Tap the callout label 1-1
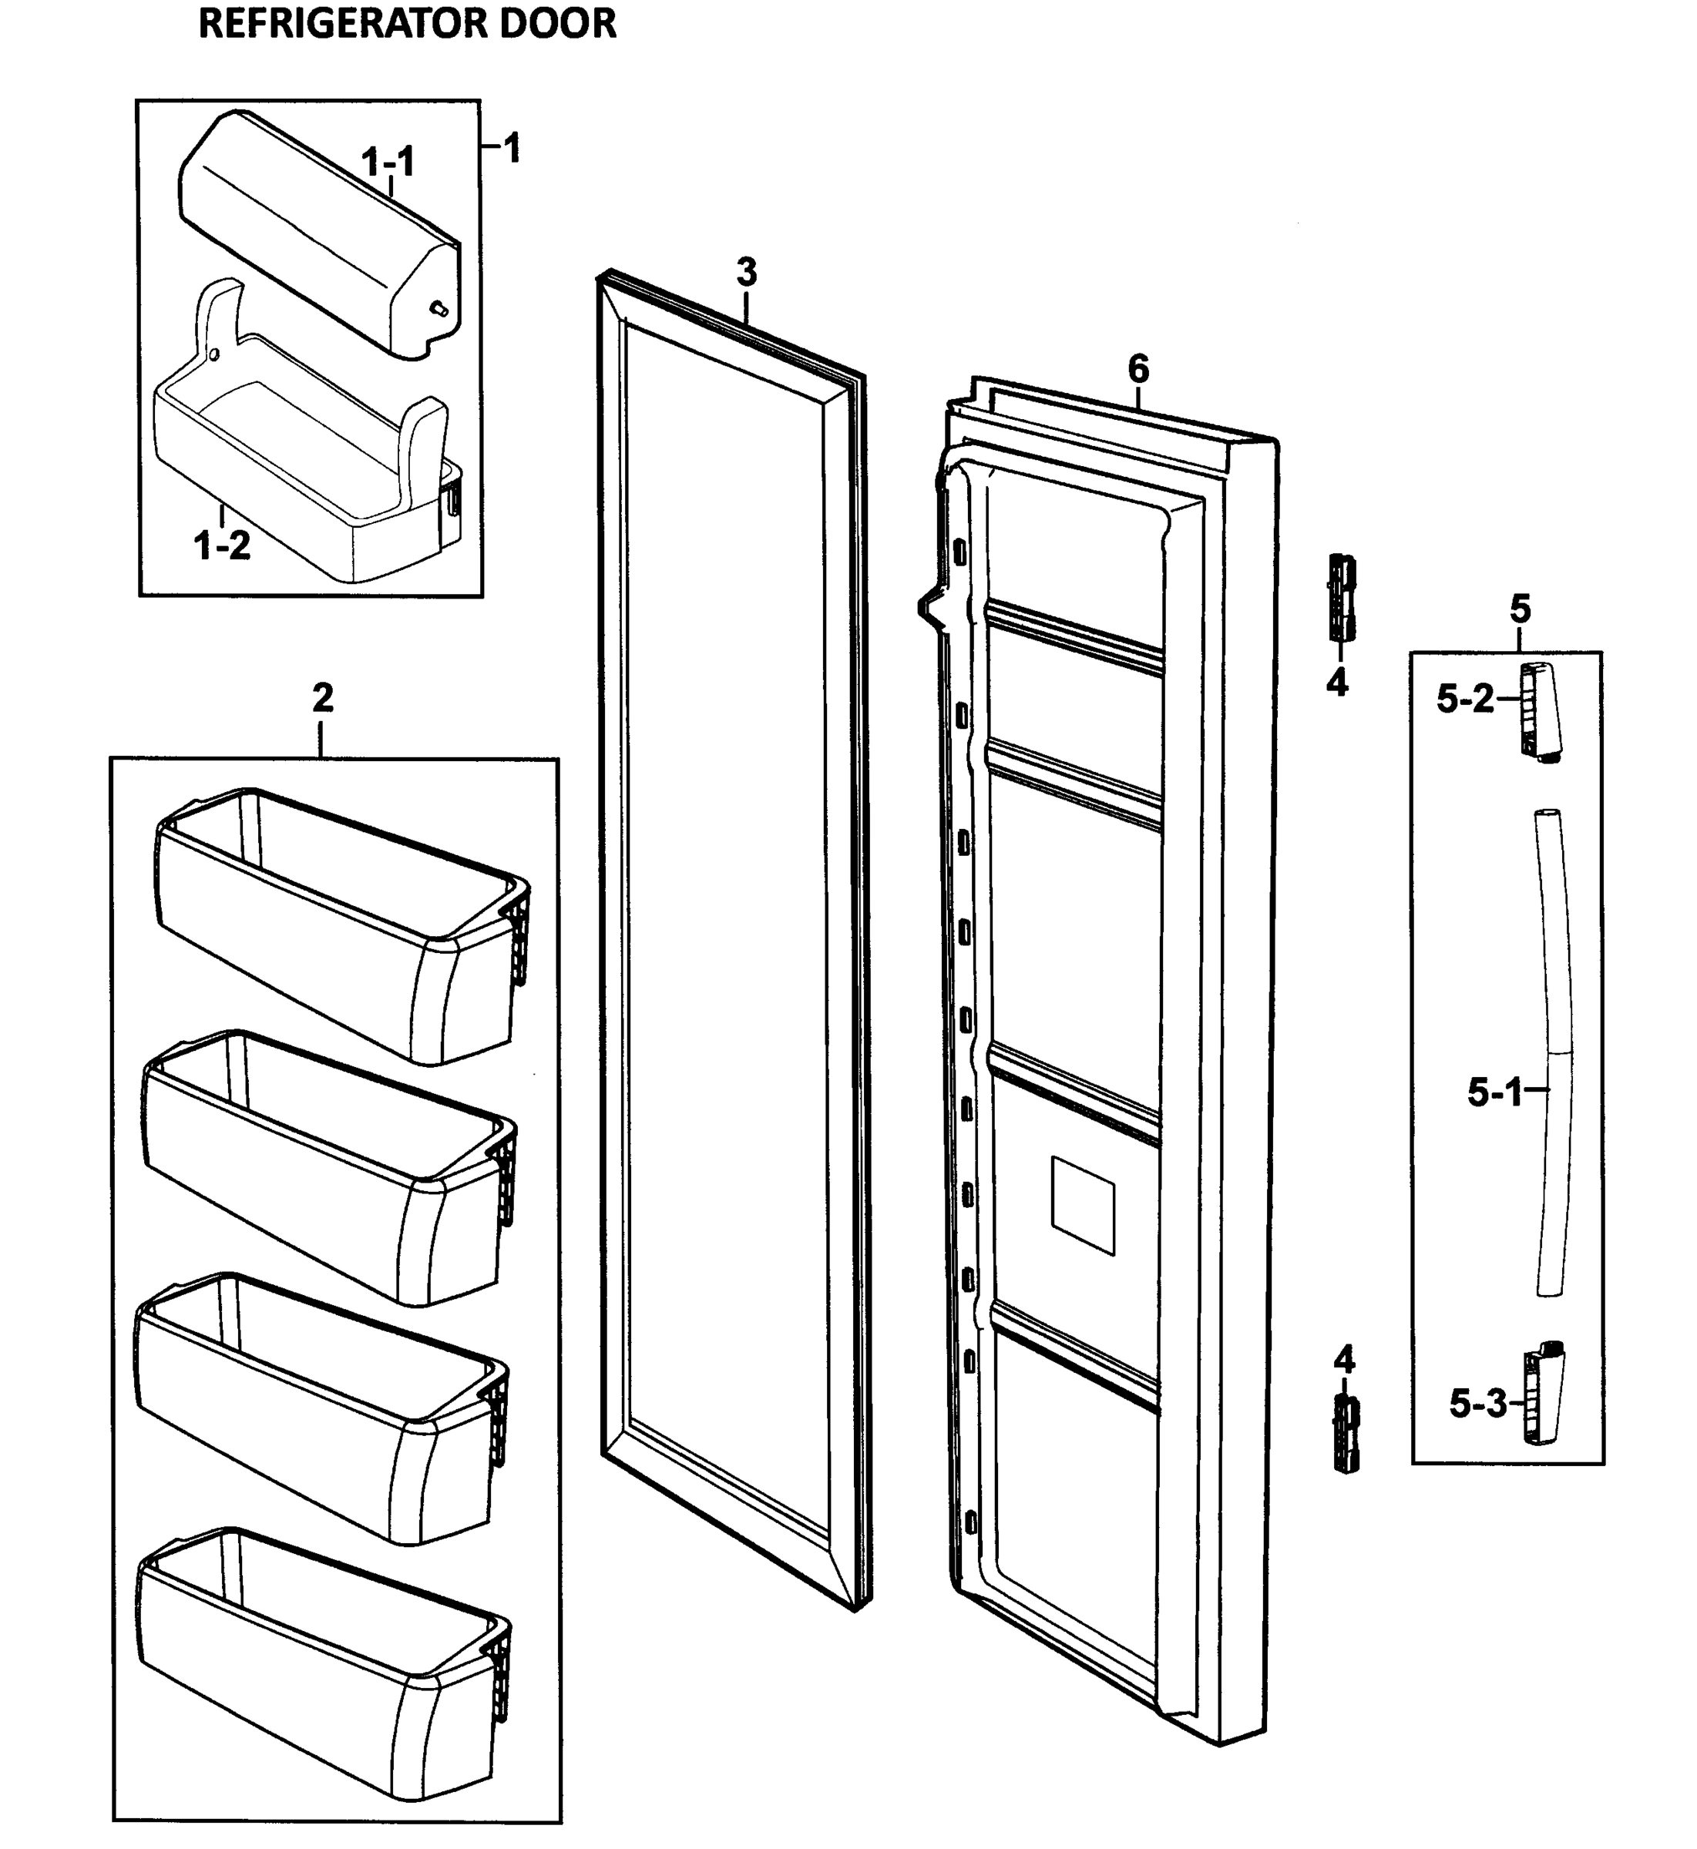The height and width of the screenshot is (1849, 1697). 388,163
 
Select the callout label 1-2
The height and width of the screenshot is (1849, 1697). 221,545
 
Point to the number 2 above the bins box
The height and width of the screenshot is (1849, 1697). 322,699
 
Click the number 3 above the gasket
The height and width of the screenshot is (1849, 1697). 747,273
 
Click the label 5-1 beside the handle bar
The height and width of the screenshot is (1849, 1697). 1494,1092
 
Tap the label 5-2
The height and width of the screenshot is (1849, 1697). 1466,700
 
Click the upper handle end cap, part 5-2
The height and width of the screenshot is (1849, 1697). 1541,712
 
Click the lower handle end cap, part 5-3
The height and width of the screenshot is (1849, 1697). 1544,1394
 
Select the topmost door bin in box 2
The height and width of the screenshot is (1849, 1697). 340,928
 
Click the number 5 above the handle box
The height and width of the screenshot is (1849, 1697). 1520,609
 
